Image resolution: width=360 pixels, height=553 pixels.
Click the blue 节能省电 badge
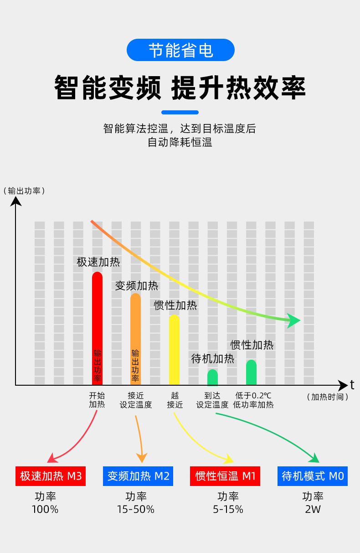pos(180,50)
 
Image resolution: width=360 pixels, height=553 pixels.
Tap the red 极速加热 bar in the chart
pos(97,328)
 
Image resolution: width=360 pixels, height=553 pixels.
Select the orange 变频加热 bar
pos(135,340)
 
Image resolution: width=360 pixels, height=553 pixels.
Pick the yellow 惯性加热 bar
pos(174,350)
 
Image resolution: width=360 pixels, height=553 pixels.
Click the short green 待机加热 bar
pos(212,377)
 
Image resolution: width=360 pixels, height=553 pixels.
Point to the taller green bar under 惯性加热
pos(251,372)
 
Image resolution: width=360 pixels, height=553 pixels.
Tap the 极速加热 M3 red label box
pos(51,476)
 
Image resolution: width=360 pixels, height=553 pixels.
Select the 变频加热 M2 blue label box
pos(138,476)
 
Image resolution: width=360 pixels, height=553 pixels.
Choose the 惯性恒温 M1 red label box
pos(225,476)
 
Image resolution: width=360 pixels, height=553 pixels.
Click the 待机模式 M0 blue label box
pos(313,476)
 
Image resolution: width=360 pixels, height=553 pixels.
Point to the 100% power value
pos(45,509)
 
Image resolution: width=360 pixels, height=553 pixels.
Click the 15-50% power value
pos(136,509)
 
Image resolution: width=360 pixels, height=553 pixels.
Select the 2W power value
pos(313,509)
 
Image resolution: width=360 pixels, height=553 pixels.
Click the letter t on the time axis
pos(352,385)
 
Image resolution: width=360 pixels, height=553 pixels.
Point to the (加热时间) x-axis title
pos(327,397)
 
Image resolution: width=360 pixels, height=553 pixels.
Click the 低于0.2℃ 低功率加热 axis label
pos(253,400)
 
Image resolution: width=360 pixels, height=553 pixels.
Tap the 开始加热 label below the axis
pos(97,400)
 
